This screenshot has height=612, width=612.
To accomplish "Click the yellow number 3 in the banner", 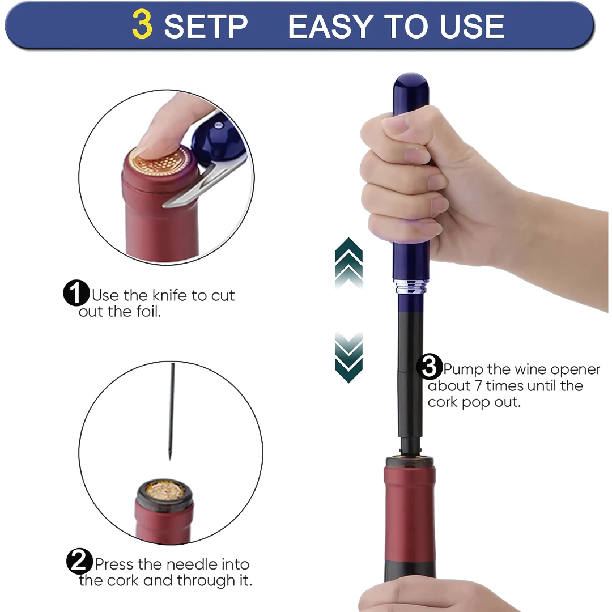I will click(x=142, y=26).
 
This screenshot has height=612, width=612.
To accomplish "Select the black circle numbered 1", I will click(x=76, y=294).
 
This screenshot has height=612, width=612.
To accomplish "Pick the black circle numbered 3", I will click(x=430, y=367).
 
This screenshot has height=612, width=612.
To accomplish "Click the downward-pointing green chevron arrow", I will click(x=348, y=357).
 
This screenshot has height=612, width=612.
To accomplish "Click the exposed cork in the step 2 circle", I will click(x=164, y=490).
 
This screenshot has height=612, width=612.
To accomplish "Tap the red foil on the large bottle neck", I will click(x=410, y=510).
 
